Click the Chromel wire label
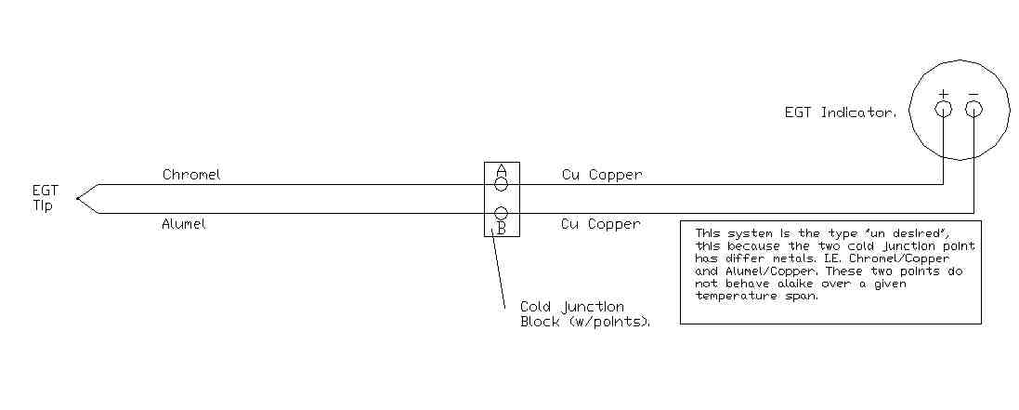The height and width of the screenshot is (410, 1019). click(x=191, y=174)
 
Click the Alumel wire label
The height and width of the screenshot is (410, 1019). click(x=184, y=223)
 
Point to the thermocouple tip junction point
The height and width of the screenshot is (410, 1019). click(x=78, y=198)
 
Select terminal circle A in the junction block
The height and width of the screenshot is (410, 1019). click(x=502, y=184)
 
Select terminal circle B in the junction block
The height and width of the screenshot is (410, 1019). click(x=502, y=214)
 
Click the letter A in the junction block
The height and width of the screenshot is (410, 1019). click(x=502, y=170)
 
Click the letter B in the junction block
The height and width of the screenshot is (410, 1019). click(x=502, y=228)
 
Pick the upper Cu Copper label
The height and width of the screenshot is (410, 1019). click(x=601, y=174)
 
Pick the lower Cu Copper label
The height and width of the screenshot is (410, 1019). click(x=601, y=223)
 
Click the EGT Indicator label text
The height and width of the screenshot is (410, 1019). click(x=841, y=112)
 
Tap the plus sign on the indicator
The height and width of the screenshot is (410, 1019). click(x=943, y=94)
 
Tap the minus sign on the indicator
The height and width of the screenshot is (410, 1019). click(x=973, y=94)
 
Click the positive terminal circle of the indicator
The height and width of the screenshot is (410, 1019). click(x=943, y=110)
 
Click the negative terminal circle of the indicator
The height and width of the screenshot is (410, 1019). click(x=973, y=110)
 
